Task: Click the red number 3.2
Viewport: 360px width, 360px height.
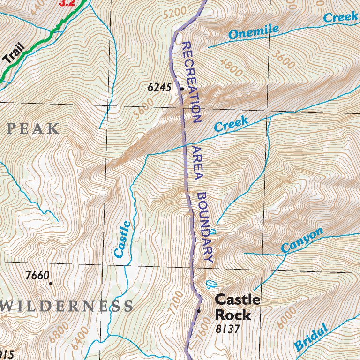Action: pos(67,3)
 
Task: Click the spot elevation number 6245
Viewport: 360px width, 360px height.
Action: pos(159,87)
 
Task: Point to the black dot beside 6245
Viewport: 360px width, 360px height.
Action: pos(181,88)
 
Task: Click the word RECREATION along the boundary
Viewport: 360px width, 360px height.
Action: pos(191,82)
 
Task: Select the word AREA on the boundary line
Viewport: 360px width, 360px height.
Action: pos(196,162)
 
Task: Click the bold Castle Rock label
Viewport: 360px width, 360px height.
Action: pos(237,307)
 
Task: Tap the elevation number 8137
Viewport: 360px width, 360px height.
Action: pos(228,329)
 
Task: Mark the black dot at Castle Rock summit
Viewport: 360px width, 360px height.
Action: pos(199,310)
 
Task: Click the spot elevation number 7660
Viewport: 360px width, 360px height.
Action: pos(37,276)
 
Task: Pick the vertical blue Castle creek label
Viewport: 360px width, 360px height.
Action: pos(122,239)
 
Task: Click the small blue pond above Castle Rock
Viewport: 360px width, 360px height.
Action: pos(210,284)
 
